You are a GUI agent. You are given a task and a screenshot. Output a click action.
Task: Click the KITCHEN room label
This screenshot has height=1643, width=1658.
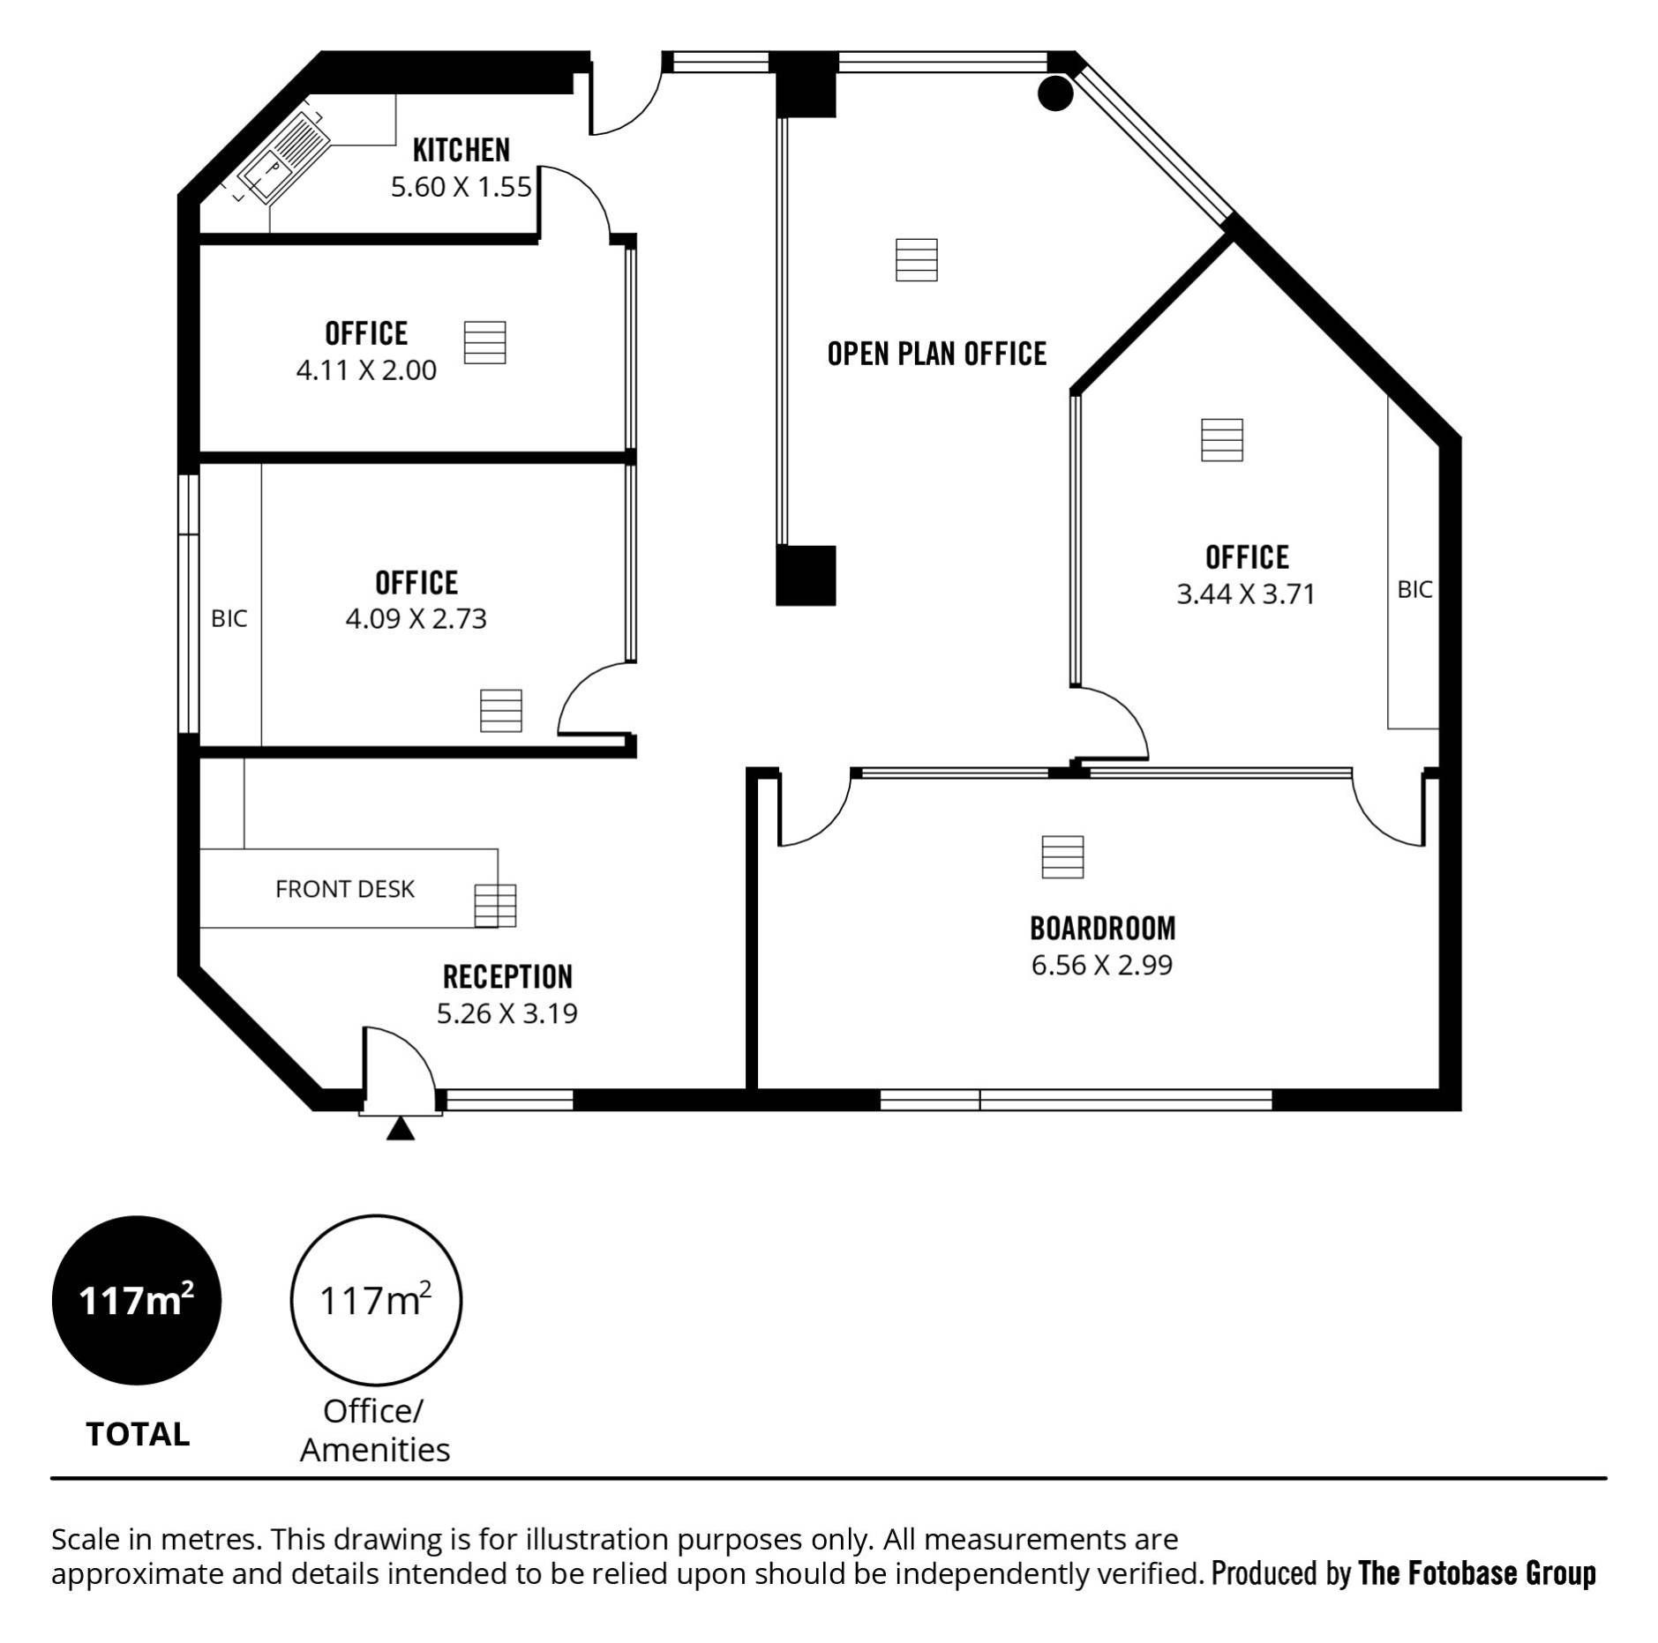[x=461, y=150]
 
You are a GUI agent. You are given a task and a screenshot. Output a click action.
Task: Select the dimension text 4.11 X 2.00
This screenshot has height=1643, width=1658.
[x=366, y=370]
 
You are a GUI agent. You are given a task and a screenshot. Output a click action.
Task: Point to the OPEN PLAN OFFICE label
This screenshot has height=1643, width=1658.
[x=937, y=354]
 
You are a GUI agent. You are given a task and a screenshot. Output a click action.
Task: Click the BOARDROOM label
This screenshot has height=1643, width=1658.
[x=1103, y=928]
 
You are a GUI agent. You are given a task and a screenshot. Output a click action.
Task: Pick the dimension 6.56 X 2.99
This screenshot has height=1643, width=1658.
[x=1102, y=965]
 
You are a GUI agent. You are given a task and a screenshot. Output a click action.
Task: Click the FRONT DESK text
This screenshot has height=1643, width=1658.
[x=345, y=889]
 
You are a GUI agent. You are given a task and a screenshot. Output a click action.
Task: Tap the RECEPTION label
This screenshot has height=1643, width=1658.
[x=507, y=976]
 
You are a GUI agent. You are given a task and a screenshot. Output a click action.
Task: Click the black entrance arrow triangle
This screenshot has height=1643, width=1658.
[x=401, y=1129]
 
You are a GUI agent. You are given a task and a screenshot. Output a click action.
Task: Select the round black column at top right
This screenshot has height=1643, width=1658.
[x=1054, y=92]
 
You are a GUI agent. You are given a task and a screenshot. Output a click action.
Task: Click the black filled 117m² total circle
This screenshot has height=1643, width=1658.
[x=137, y=1300]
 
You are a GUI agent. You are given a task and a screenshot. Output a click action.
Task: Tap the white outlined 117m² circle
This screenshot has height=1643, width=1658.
[x=376, y=1300]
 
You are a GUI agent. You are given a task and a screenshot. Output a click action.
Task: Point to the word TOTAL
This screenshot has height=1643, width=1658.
[x=138, y=1435]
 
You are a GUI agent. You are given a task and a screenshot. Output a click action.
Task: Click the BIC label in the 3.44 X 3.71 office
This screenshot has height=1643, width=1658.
[x=1414, y=589]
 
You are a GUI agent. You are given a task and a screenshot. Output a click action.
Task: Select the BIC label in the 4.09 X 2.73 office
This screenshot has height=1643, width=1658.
[x=229, y=619]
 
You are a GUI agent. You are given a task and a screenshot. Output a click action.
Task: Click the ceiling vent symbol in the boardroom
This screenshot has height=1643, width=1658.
[x=1062, y=857]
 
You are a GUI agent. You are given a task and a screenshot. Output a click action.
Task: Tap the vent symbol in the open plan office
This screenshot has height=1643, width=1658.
[x=916, y=260]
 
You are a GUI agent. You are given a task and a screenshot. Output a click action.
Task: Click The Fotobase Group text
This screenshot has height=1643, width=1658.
[x=1478, y=1572]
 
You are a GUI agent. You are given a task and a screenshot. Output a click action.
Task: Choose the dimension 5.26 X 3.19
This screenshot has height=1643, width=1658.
[x=507, y=1013]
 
